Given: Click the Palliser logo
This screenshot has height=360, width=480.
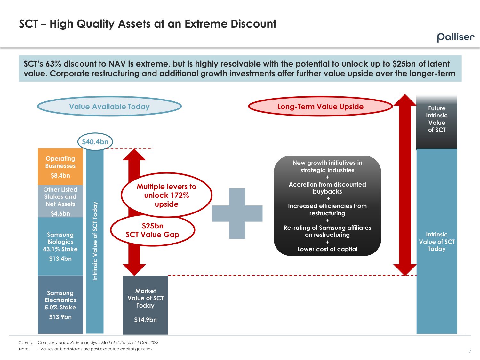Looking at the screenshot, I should (x=455, y=37).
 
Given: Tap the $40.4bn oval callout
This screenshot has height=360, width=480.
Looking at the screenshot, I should (x=95, y=142).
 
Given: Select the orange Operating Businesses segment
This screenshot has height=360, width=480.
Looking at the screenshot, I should (x=60, y=166).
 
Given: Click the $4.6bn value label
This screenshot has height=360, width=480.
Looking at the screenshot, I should (x=60, y=213).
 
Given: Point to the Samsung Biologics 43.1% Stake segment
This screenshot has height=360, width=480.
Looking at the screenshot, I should (x=60, y=246).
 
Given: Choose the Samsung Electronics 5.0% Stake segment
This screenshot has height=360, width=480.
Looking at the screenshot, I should (x=60, y=304).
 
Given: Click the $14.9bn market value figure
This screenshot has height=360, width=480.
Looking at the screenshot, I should (x=145, y=320).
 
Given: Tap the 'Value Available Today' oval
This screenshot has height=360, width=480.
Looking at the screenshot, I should (x=109, y=107).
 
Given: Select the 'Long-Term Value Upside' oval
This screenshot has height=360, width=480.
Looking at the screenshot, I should (x=320, y=107).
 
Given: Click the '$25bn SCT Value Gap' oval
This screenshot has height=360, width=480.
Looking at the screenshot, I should (x=152, y=230).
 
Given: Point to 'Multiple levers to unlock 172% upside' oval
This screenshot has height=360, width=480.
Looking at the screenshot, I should (x=166, y=195).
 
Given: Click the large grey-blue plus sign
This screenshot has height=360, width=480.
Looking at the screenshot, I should (x=237, y=213).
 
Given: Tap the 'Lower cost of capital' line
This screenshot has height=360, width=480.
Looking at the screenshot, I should (x=327, y=249).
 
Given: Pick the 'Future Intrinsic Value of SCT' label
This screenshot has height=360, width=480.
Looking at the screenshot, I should (x=436, y=119).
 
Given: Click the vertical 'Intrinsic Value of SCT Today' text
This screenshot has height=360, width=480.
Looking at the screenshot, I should (x=95, y=241).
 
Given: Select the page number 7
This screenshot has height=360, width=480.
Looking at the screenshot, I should (x=470, y=351).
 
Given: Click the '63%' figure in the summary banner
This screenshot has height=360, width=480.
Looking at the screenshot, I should (x=52, y=64).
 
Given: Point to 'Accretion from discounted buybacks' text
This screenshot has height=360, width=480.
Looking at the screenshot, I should (x=327, y=188).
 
